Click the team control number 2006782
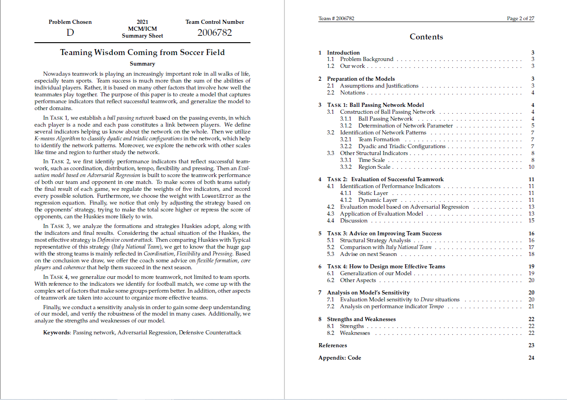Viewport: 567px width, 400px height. pyautogui.click(x=215, y=33)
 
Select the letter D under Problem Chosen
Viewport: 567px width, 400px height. pyautogui.click(x=70, y=33)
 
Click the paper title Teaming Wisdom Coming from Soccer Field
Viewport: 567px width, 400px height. pyautogui.click(x=142, y=52)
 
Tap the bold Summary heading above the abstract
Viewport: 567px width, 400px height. pyautogui.click(x=142, y=64)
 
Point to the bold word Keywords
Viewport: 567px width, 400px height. pyautogui.click(x=56, y=333)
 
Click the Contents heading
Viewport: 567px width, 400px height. pyautogui.click(x=426, y=37)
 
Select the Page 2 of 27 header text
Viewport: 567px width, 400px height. pyautogui.click(x=520, y=19)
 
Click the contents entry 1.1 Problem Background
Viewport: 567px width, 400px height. pyautogui.click(x=367, y=59)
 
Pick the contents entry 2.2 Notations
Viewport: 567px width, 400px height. pyautogui.click(x=352, y=93)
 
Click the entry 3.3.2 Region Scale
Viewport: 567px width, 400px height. pyautogui.click(x=374, y=167)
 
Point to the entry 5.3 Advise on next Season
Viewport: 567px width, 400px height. pyautogui.click(x=368, y=254)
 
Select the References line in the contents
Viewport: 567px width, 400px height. pyautogui.click(x=333, y=345)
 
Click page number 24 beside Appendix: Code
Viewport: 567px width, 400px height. pyautogui.click(x=531, y=358)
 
